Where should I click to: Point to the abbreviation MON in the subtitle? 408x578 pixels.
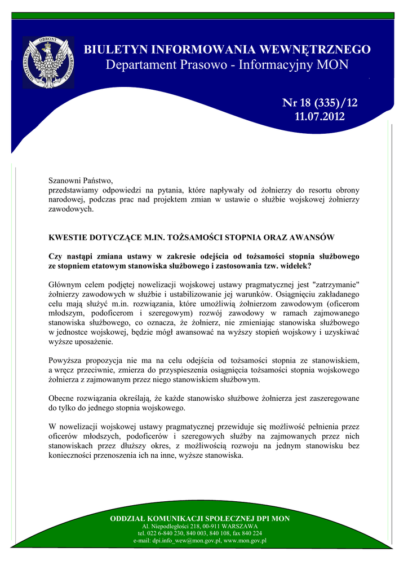[332, 65]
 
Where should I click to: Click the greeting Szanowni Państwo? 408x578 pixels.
[81, 181]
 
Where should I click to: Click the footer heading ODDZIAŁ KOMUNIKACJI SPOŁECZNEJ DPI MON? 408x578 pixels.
[199, 518]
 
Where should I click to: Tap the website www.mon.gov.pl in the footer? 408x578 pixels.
[245, 540]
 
